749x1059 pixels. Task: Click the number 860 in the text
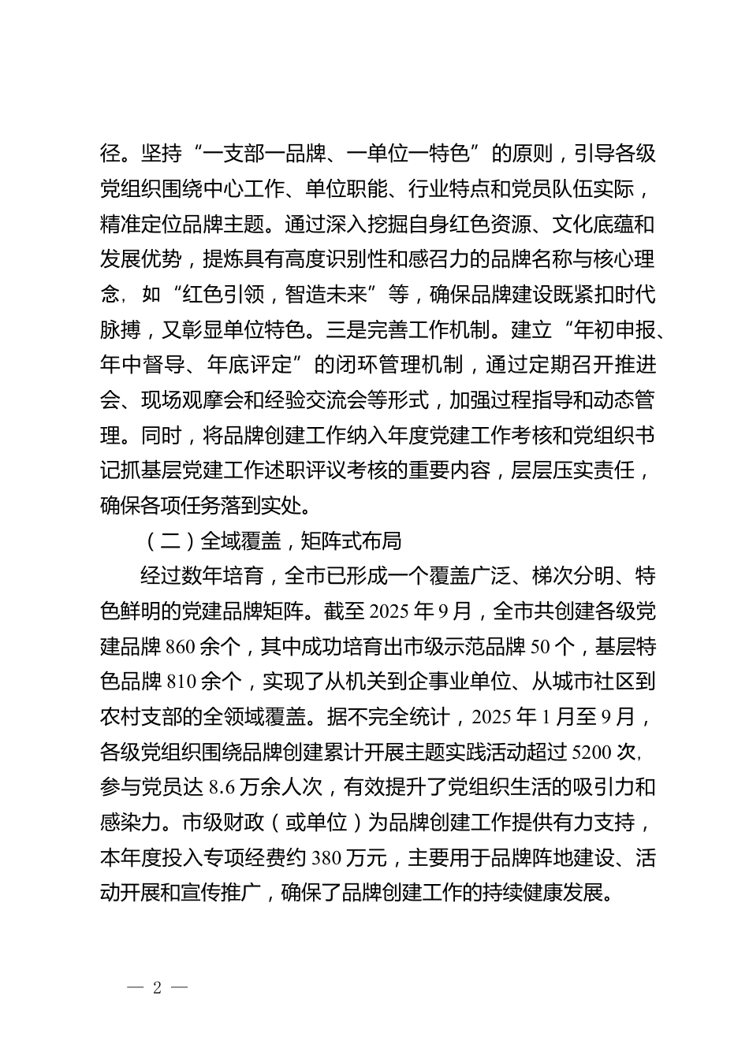[181, 648]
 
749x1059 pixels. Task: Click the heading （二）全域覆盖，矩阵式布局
[274, 541]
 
